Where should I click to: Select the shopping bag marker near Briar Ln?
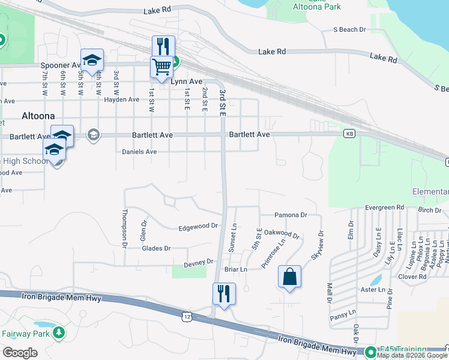point(289,277)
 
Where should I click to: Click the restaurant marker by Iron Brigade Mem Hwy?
point(224,294)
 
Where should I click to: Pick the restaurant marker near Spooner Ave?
point(163,47)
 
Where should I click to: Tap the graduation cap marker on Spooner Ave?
point(92,60)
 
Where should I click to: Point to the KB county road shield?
point(349,134)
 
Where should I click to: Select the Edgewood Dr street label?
point(198,227)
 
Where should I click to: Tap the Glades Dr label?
point(155,248)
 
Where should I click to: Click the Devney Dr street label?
point(199,263)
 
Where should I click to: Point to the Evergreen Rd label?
point(385,208)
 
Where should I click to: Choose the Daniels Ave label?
point(139,152)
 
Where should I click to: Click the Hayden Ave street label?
point(121,100)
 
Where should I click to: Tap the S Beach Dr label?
point(349,29)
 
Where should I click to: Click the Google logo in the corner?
point(20,353)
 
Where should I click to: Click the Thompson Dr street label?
point(125,229)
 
